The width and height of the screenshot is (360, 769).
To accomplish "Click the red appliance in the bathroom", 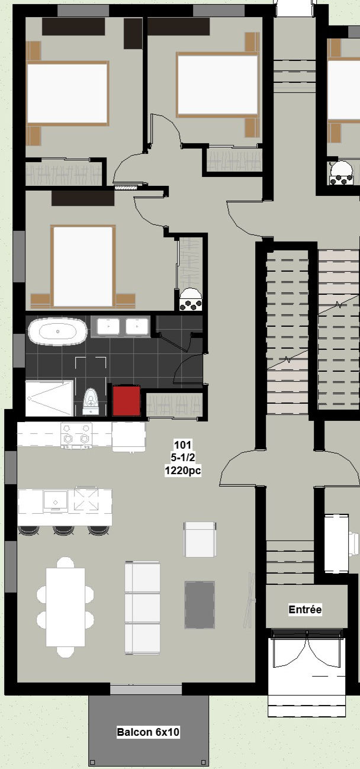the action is coord(126,400).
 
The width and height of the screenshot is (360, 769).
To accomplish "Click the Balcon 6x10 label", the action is coord(148,732).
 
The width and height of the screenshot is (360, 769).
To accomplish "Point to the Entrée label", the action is coord(305,609).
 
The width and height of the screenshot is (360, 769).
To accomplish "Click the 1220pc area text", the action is coord(183,470).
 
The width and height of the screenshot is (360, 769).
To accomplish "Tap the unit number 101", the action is coord(183,445).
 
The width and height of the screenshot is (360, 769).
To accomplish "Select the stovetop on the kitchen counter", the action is coord(76,436).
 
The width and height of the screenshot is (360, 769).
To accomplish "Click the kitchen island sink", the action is coord(55,501).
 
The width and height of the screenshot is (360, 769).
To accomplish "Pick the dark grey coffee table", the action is coord(200,604).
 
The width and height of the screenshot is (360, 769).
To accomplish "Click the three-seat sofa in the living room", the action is coord(142,608).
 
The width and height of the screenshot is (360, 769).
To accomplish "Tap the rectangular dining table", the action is coord(66,607).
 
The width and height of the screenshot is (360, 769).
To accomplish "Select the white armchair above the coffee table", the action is coord(200,540).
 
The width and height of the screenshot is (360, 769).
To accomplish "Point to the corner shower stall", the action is coord(50,398).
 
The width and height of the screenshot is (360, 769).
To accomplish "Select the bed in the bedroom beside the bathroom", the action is coord(83,266).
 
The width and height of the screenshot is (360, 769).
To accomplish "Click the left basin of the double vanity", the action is coord(108,326).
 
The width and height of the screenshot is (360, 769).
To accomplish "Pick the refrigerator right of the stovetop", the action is coord(129,437).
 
